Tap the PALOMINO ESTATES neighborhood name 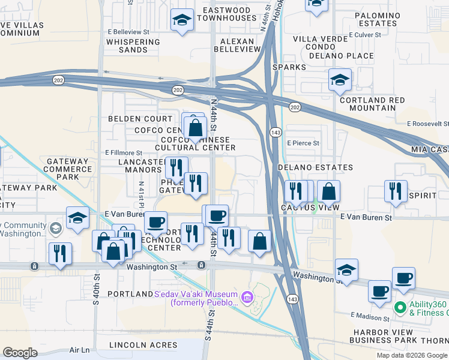[x=377, y=19]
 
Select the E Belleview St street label [x=128, y=31]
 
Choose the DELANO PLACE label [x=342, y=56]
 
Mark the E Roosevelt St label [x=428, y=124]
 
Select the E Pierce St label [x=303, y=143]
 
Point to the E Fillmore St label [x=124, y=154]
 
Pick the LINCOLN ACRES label [x=143, y=345]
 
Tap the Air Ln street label [x=79, y=350]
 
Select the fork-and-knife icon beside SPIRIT [x=396, y=190]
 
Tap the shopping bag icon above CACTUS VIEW [x=328, y=191]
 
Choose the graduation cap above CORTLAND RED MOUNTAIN [x=340, y=80]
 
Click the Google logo [x=20, y=353]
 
